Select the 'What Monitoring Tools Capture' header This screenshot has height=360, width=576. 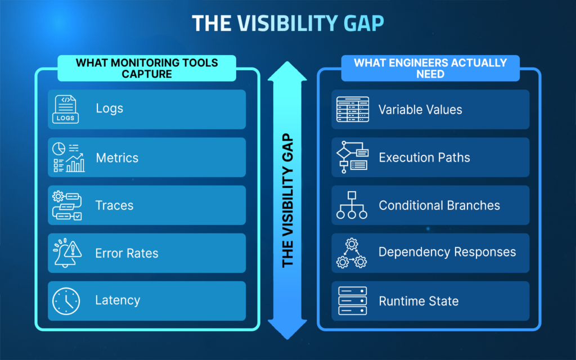147,68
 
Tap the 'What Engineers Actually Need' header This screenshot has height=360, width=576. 430,68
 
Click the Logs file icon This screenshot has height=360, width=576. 65,109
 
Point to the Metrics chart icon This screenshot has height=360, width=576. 68,157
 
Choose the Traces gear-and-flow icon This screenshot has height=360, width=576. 67,205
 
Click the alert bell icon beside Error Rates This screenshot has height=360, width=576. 67,253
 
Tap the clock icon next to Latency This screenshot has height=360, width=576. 66,301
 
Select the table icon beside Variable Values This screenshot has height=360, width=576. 352,109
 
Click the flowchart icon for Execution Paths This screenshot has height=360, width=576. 352,157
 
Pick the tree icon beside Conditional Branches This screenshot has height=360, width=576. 352,205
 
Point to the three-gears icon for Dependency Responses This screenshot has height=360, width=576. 352,253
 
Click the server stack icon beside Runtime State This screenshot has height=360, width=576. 352,301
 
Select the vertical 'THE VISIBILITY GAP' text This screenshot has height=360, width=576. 287,200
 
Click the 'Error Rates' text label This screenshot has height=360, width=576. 127,253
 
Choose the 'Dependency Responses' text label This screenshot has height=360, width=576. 447,252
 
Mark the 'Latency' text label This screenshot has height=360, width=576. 118,301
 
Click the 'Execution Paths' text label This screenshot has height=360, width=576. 424,157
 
